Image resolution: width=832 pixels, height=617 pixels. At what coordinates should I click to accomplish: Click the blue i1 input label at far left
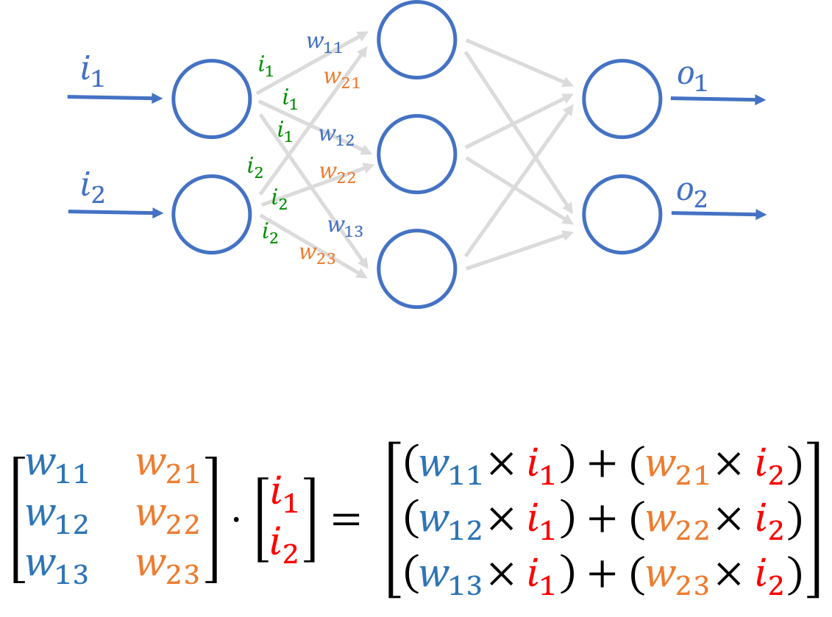92,73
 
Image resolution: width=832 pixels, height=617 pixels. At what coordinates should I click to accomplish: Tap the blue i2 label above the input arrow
93,190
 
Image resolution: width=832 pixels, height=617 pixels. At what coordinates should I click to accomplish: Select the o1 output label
692,77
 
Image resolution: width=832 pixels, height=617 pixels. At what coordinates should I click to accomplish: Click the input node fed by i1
212,99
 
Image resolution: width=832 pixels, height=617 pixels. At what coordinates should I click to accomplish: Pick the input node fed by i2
212,214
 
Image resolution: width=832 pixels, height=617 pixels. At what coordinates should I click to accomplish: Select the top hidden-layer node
417,39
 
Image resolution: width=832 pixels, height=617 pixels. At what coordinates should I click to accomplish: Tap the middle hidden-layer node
417,153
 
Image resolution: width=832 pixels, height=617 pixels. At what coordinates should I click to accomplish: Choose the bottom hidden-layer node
417,268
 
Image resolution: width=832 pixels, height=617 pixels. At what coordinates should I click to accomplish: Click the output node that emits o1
622,99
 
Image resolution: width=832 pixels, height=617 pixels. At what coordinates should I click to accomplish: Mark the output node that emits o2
622,214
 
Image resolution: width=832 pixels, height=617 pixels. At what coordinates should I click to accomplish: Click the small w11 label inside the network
324,43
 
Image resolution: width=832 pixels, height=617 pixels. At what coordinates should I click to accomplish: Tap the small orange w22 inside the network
338,174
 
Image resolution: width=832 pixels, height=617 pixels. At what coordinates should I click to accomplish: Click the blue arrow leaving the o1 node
718,99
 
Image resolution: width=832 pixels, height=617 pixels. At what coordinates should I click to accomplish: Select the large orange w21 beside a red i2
677,468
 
